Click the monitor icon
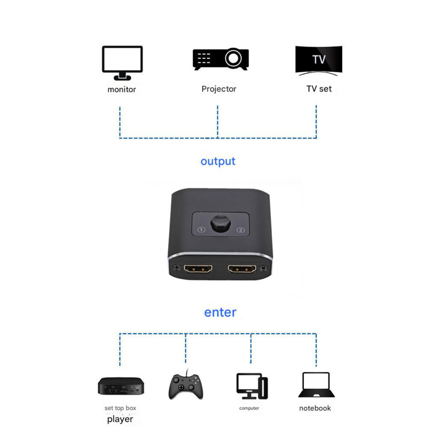click(122, 63)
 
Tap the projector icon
click(221, 59)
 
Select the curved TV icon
click(319, 60)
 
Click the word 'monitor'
click(122, 89)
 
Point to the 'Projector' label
click(219, 89)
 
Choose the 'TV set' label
click(319, 89)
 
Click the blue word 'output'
click(218, 161)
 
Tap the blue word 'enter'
click(221, 313)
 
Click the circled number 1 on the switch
click(201, 230)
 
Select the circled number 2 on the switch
click(241, 230)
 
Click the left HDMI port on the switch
click(198, 268)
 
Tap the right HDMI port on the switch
click(242, 268)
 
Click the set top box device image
click(121, 386)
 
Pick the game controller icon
click(186, 385)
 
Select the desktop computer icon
click(252, 386)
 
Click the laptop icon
click(317, 385)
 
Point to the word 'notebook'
click(315, 408)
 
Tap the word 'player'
click(120, 420)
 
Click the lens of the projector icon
click(233, 58)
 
